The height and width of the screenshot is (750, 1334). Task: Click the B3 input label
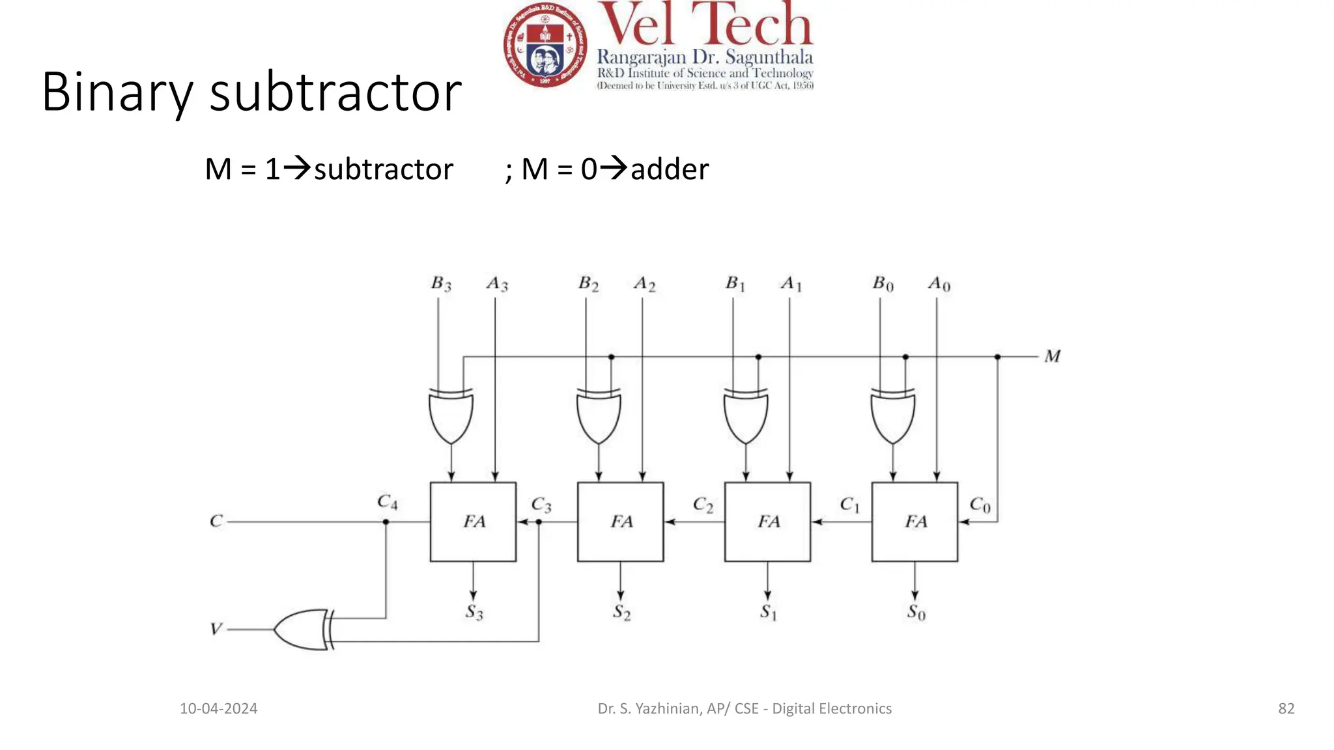pos(441,284)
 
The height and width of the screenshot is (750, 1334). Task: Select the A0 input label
pos(939,285)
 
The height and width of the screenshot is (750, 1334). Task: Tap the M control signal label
pos(1052,357)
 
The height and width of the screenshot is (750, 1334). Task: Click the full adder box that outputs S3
pos(473,521)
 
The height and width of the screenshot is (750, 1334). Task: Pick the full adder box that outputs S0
pos(915,521)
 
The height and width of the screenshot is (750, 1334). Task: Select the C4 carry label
pos(387,502)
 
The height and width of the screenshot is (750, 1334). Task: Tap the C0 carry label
pos(980,505)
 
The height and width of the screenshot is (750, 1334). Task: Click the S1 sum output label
pos(769,613)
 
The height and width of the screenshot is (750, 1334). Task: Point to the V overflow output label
pos(216,629)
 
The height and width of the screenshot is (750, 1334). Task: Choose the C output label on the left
pos(216,521)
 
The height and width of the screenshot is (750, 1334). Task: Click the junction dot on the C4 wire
pos(386,522)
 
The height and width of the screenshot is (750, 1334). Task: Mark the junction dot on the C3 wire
pos(539,522)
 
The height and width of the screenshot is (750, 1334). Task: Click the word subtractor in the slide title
pos(335,92)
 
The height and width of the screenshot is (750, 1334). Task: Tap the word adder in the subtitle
pos(669,169)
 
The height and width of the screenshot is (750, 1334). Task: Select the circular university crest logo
pos(545,44)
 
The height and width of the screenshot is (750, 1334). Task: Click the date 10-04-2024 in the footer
pos(218,708)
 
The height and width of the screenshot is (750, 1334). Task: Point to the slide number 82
pos(1286,708)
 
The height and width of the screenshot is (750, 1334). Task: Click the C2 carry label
pos(703,505)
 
